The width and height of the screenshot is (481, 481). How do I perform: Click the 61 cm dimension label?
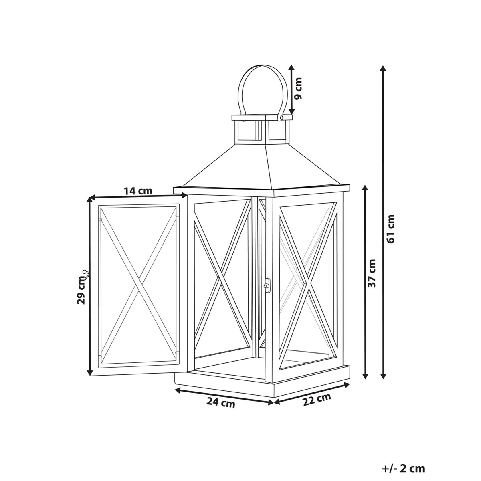391,228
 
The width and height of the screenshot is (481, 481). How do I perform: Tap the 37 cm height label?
372,273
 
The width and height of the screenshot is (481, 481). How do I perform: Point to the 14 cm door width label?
138,191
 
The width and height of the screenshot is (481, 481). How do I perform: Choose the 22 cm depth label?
317,399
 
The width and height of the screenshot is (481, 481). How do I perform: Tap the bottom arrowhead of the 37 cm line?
365,376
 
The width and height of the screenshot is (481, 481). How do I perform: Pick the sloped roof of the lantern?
263,166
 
